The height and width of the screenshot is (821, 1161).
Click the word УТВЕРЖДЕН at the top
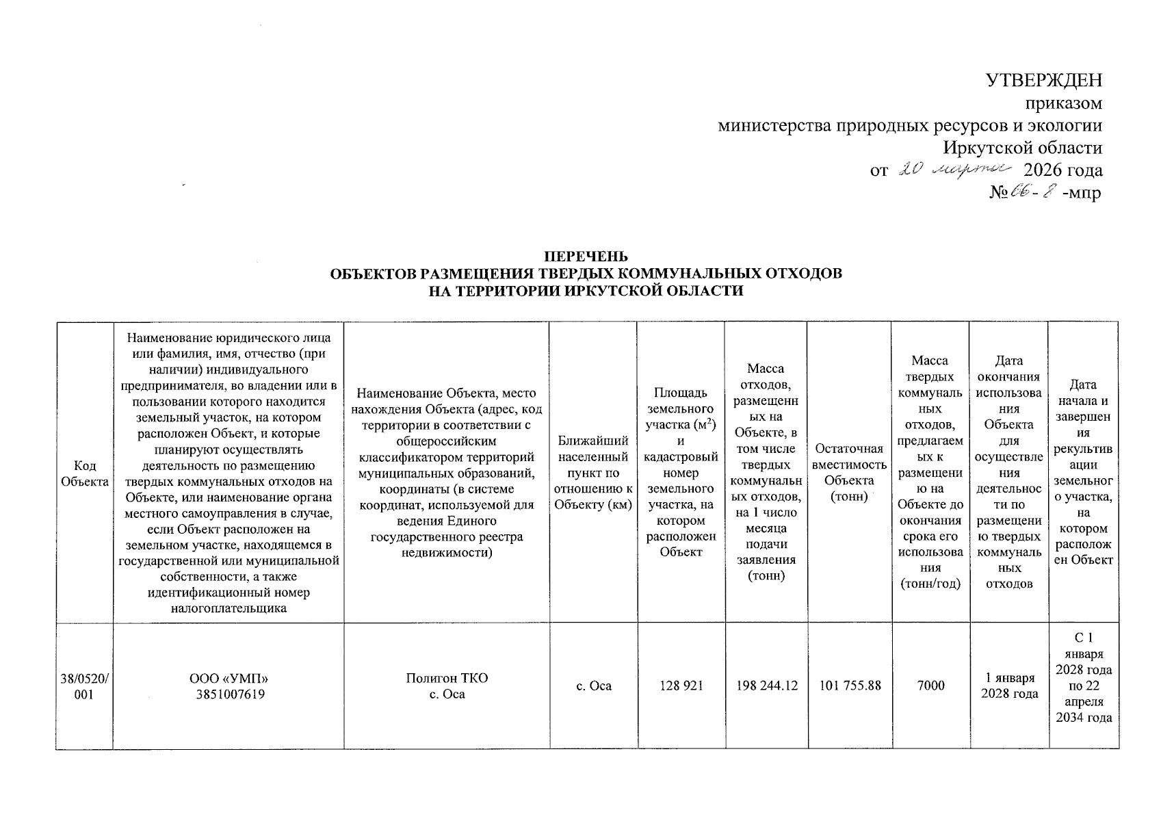pyautogui.click(x=1043, y=80)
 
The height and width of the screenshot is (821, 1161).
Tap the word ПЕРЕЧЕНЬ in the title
pyautogui.click(x=585, y=257)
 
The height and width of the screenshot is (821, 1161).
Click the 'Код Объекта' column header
pyautogui.click(x=84, y=473)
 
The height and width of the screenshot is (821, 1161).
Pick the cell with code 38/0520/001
pyautogui.click(x=84, y=686)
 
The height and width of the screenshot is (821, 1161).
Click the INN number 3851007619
pyautogui.click(x=228, y=694)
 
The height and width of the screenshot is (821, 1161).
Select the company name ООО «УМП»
pyautogui.click(x=228, y=679)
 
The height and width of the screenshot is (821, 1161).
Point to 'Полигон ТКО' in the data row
pyautogui.click(x=446, y=679)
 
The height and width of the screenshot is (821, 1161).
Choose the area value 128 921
pyautogui.click(x=681, y=686)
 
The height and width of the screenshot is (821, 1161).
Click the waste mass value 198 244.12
pyautogui.click(x=766, y=686)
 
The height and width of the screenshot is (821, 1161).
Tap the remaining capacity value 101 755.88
pyautogui.click(x=849, y=686)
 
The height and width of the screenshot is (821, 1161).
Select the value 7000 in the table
pyautogui.click(x=930, y=686)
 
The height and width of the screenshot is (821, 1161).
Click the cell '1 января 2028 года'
pyautogui.click(x=1008, y=686)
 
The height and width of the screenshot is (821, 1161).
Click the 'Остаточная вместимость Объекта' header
pyautogui.click(x=849, y=473)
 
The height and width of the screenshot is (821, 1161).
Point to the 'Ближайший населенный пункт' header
pyautogui.click(x=593, y=473)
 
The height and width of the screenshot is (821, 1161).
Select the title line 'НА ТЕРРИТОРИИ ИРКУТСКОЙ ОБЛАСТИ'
pyautogui.click(x=585, y=291)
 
